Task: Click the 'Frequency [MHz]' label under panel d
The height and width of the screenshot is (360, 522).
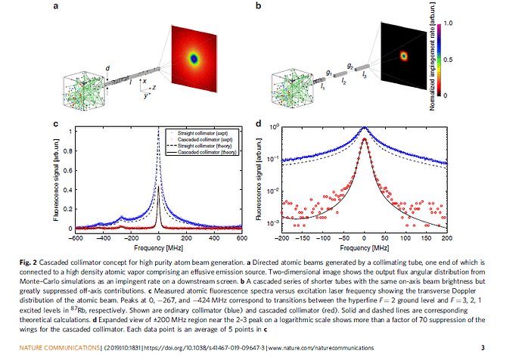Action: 364,247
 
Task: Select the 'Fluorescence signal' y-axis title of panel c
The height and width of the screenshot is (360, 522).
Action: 54,179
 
